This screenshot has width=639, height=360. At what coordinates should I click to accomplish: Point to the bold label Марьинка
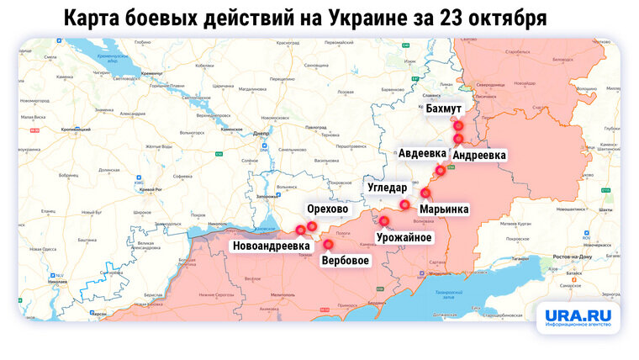coord(445,208)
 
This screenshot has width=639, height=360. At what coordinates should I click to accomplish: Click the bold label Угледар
coord(387,187)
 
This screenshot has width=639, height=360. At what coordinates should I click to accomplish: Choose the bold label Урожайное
coord(404,237)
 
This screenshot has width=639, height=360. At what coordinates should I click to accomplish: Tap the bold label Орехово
coord(328,209)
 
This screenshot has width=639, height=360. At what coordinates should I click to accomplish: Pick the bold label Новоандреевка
coord(272,246)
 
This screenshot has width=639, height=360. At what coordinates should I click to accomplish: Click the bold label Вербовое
coord(346,260)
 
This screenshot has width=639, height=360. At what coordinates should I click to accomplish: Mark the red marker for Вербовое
coord(329,243)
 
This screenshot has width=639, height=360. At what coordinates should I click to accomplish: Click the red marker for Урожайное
coord(384,221)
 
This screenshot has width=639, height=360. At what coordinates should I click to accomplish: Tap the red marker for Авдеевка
coord(440,171)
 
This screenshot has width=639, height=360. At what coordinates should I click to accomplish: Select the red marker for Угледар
coord(404,204)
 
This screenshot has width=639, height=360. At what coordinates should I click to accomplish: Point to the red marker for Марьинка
coord(425,193)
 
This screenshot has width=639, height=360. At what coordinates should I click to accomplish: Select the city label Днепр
coord(260,133)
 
